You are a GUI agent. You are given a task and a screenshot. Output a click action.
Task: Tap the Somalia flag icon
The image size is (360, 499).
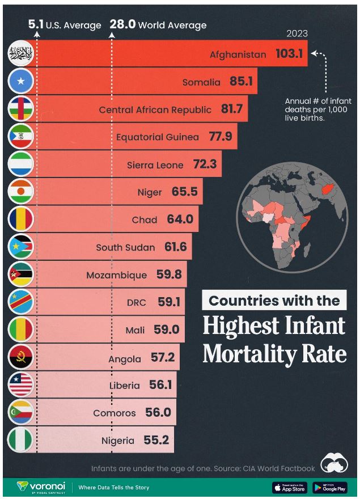[21, 82]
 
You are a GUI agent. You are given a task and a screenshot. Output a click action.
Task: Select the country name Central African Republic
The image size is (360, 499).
[155, 109]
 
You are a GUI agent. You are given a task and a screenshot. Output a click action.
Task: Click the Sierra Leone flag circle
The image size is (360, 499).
[21, 164]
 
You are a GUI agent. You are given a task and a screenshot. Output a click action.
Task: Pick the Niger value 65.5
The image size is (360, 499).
[184, 192]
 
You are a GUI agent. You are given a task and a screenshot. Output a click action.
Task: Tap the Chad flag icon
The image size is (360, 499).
[21, 219]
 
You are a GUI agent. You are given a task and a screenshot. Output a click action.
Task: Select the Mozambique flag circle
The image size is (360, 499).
[21, 274]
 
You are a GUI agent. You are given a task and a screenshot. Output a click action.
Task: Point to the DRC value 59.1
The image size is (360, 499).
[169, 302]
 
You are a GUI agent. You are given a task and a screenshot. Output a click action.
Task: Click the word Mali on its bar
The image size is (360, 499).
[135, 329]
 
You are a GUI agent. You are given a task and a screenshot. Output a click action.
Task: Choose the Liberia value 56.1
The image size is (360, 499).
[160, 385]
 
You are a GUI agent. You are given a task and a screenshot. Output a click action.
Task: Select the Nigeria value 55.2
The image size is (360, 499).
[156, 440]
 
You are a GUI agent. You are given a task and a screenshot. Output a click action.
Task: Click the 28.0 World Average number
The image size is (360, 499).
[122, 24]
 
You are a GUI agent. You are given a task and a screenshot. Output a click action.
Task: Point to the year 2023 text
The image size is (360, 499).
[297, 34]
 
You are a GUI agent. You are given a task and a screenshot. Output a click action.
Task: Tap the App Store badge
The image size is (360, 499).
[289, 487]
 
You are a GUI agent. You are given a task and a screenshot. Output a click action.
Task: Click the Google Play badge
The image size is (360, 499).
[329, 487]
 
